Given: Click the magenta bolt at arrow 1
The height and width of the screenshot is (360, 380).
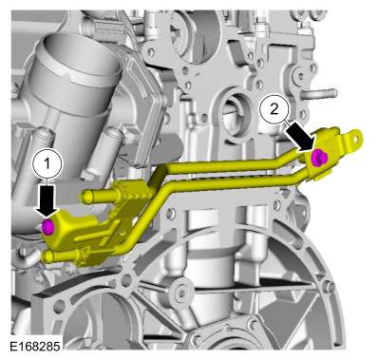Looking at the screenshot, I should pyautogui.click(x=47, y=226).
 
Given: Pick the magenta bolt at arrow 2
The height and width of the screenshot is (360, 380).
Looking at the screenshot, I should pyautogui.click(x=320, y=157).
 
